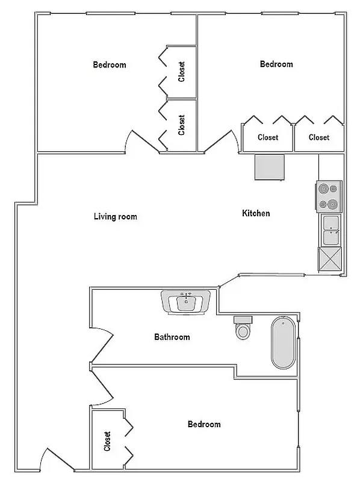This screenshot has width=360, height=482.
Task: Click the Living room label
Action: click(116, 216)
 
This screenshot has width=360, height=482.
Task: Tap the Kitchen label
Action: click(256, 213)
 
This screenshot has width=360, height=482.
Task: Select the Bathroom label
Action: click(172, 337)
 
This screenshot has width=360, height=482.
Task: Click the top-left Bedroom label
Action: click(110, 64)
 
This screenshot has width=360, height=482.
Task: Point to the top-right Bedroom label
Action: click(276, 64)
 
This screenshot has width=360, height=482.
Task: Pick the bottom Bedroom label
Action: click(204, 424)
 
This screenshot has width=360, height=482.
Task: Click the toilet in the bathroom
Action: click(243, 328)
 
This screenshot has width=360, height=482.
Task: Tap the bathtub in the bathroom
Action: click(283, 343)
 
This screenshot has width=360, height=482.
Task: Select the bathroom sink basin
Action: click(186, 302)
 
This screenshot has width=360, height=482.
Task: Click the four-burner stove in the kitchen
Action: click(329, 196)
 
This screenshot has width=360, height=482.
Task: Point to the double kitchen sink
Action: click(331, 230)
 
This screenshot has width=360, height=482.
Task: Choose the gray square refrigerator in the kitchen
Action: click(269, 167)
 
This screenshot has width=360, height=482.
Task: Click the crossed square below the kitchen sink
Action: click(331, 260)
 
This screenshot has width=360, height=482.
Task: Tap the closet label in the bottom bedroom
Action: click(108, 441)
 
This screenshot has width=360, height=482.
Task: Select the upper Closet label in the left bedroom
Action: click(182, 72)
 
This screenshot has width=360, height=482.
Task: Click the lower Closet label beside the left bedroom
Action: click(182, 125)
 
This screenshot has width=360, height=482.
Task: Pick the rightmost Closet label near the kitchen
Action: click(319, 137)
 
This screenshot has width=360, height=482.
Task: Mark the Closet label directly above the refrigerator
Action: click(268, 137)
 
